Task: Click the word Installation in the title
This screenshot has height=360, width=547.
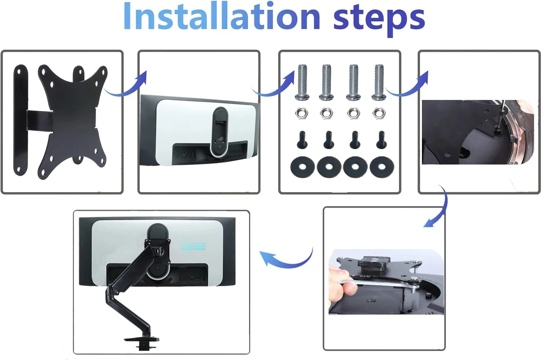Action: point(221,16)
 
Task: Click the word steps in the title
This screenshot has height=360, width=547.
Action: point(379,20)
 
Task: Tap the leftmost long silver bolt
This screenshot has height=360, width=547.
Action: point(303,82)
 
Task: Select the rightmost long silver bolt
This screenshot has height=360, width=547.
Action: point(379,82)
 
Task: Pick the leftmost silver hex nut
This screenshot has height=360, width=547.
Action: point(302,113)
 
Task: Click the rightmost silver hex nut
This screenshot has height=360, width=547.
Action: point(379,113)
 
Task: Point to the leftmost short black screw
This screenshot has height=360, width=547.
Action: point(302,140)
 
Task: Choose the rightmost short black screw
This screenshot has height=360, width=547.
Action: point(381,140)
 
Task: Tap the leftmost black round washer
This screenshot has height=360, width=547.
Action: point(303,167)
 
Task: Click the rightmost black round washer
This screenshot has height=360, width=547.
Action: point(382,167)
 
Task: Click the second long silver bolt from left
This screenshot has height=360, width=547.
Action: point(327,82)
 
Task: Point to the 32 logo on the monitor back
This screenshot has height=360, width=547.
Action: point(193,246)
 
